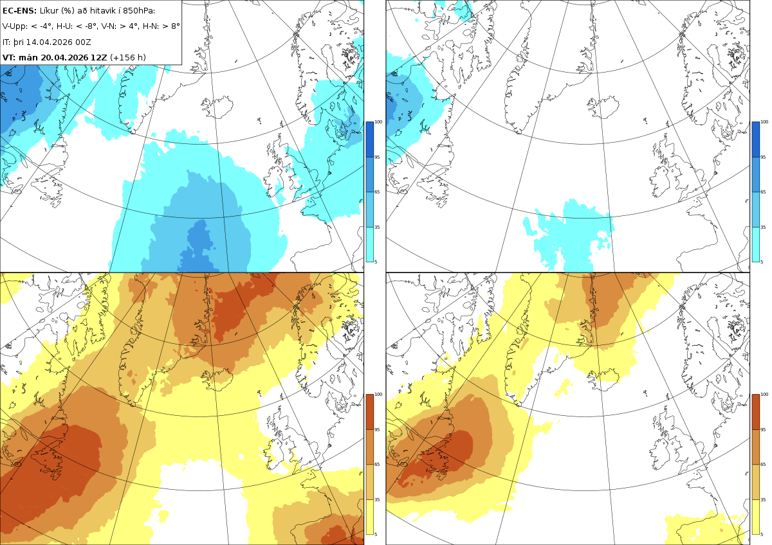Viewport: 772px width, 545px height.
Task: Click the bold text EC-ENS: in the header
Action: point(19,11)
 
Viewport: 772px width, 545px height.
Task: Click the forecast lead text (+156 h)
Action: point(128,57)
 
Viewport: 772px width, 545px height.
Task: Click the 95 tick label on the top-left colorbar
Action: point(377,157)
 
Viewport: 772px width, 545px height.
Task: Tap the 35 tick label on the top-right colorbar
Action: point(763,227)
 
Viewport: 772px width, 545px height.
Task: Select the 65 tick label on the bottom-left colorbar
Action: point(377,464)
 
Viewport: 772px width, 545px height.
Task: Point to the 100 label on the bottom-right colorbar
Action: point(764,394)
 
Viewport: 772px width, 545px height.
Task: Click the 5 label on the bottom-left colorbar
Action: point(376,534)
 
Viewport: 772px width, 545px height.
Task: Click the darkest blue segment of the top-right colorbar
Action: point(755,139)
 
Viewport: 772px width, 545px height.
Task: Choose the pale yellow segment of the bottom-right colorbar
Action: point(755,517)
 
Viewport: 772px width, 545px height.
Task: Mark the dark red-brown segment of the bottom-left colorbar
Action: point(369,412)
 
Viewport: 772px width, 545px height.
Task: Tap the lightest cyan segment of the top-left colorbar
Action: point(369,244)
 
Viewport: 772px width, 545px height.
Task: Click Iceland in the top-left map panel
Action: point(217,107)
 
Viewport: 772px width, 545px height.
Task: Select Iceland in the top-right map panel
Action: point(603,107)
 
